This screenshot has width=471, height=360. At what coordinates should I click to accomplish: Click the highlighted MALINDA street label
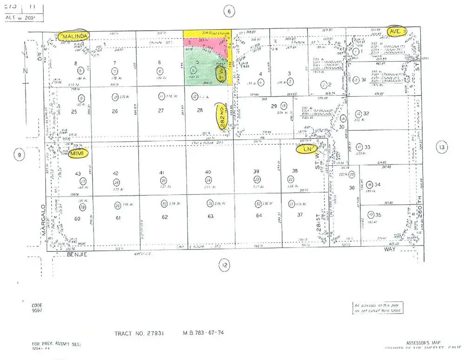click(74, 35)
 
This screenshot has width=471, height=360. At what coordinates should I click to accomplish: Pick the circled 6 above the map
click(229, 12)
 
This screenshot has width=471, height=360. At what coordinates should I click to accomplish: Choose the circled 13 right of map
click(442, 148)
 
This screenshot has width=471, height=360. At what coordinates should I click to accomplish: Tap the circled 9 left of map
click(19, 155)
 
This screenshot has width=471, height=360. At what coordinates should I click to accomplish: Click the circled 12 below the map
click(225, 266)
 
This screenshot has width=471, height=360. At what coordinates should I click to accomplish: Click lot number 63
click(211, 216)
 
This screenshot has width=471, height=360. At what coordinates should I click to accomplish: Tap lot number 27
click(161, 111)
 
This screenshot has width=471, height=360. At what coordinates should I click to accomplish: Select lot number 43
click(78, 173)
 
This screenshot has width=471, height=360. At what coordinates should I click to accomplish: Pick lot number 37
click(300, 215)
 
